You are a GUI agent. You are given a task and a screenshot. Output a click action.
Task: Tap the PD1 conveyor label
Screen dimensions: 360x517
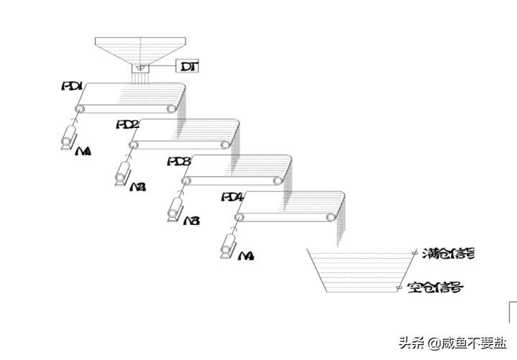tap(73, 86)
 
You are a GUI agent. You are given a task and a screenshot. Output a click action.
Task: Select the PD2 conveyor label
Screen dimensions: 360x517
tap(128, 124)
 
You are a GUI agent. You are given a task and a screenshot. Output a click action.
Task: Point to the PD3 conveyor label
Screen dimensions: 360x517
tap(179, 162)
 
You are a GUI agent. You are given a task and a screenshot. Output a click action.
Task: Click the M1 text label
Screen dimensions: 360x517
tap(83, 152)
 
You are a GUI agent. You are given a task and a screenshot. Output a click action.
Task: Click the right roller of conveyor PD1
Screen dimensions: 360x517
tap(172, 109)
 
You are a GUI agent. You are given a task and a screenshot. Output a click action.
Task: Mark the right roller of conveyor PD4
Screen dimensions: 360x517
tap(331, 217)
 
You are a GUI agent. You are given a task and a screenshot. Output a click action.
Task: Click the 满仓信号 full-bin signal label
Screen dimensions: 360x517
tap(448, 253)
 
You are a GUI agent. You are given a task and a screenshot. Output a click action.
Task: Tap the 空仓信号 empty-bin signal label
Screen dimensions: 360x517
tap(434, 288)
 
